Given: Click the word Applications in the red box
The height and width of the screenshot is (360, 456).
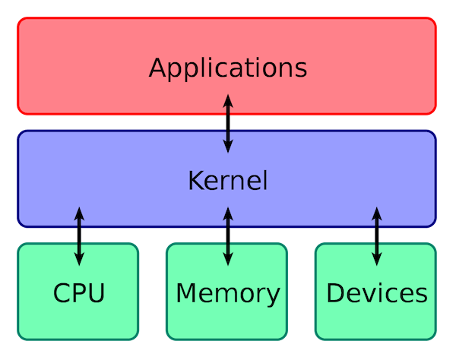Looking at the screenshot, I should (x=227, y=68).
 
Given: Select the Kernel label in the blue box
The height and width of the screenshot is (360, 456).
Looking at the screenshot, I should (x=227, y=181).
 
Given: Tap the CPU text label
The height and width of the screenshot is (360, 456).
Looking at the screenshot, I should (x=78, y=292).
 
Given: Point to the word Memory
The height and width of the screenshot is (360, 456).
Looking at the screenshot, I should (x=227, y=293).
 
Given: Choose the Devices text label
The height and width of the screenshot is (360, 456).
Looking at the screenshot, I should (x=376, y=293).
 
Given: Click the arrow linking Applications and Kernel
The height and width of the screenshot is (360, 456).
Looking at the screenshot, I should (x=227, y=123).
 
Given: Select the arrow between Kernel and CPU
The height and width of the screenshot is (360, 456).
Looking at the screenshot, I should (x=79, y=235).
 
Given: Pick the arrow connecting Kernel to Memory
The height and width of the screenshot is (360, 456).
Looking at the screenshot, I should (x=227, y=235).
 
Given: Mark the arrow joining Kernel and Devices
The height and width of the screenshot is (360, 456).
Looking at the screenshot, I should (x=376, y=235).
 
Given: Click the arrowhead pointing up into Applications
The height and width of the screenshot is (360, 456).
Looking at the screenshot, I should (x=227, y=99).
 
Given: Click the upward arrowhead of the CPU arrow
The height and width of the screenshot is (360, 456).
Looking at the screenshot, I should (x=79, y=213).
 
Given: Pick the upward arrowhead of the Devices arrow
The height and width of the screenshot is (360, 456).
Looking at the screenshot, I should (x=376, y=213).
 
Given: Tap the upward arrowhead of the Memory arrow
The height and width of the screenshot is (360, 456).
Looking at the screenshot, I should (x=227, y=213).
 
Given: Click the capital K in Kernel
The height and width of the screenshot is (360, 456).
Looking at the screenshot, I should (x=195, y=181).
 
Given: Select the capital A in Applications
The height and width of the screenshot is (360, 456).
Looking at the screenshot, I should (x=157, y=67).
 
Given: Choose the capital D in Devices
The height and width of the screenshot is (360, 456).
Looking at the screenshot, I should (x=334, y=292).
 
